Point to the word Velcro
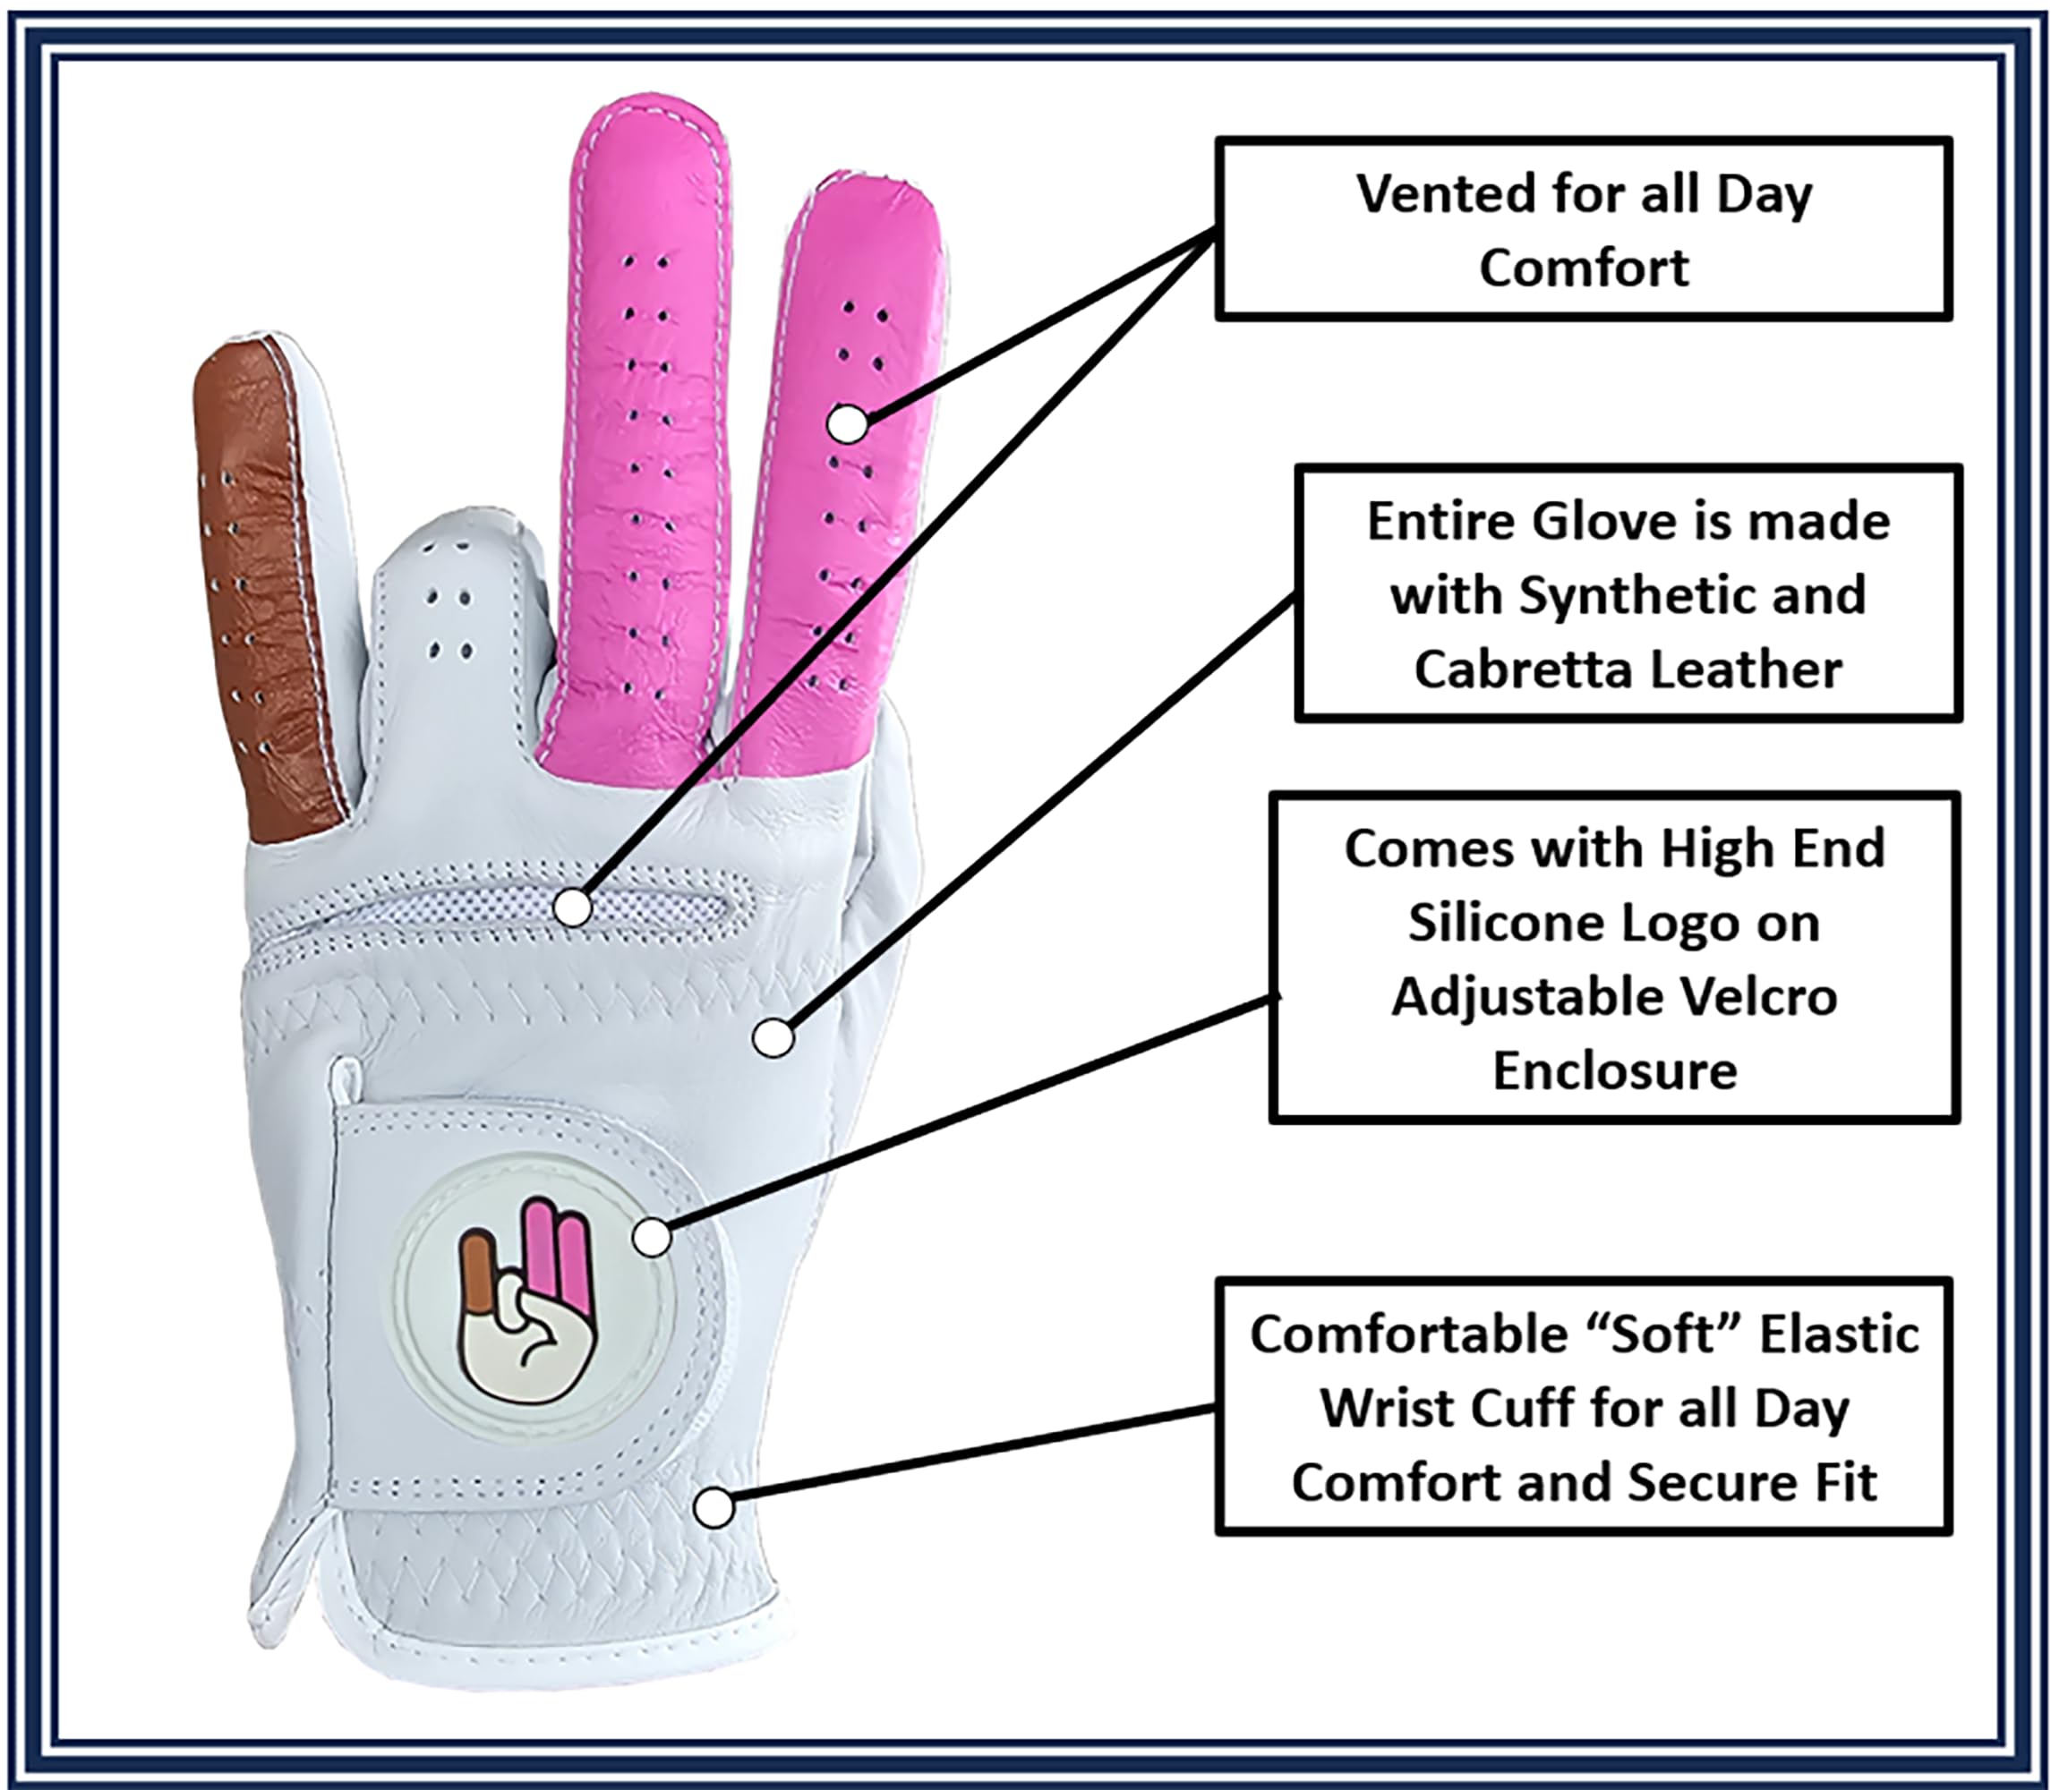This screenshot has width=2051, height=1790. coord(1751,996)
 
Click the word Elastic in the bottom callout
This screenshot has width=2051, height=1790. coord(1839,1334)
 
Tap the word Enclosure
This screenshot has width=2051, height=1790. coord(1614,1070)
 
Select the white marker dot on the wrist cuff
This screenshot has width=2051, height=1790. coord(714,1506)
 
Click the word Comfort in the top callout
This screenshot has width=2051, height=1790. coord(1584,268)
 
